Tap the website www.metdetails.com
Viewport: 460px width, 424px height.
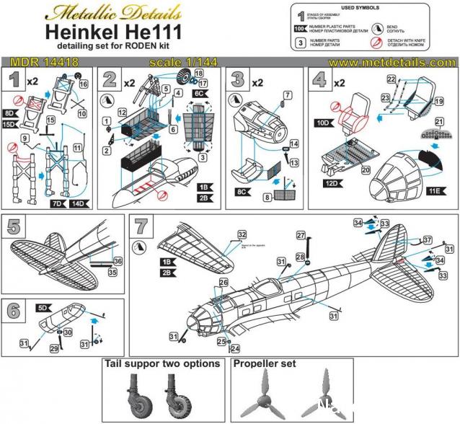pyautogui.click(x=392, y=63)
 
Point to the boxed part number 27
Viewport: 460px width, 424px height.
pyautogui.click(x=301, y=234)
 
